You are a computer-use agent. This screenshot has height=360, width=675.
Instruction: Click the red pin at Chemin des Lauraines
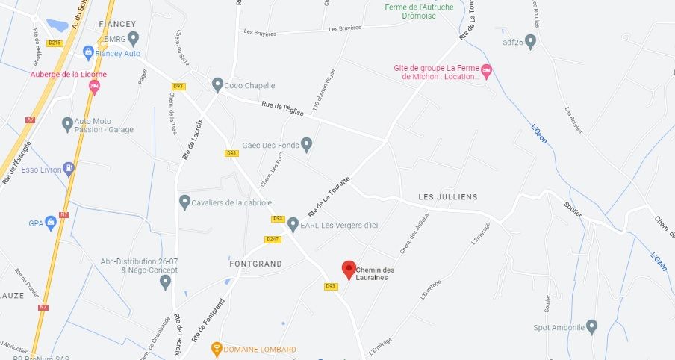point(348,270)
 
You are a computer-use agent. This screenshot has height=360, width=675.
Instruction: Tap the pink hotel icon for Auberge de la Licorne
point(94,87)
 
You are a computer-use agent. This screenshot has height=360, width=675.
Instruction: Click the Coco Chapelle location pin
point(217,85)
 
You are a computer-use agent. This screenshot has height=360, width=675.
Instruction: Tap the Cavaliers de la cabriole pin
point(185,202)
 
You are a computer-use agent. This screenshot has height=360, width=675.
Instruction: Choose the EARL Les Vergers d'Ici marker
point(293,224)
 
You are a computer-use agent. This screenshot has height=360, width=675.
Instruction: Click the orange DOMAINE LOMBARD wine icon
point(217,349)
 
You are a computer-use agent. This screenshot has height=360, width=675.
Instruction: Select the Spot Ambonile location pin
point(591,326)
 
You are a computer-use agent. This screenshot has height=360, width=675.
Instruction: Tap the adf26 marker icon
point(531,41)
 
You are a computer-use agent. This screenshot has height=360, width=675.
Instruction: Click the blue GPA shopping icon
point(51,222)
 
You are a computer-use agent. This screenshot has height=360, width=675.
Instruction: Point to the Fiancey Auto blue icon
point(88,53)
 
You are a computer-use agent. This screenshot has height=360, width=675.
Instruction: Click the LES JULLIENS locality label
point(447,197)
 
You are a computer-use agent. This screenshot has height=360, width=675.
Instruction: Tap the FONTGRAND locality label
point(255,264)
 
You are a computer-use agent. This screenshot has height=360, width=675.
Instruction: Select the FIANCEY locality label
point(117,24)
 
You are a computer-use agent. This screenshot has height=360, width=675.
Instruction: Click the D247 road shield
point(273,239)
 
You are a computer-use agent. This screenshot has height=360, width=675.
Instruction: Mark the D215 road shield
point(55,43)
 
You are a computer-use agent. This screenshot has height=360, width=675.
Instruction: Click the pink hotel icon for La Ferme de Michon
point(487,72)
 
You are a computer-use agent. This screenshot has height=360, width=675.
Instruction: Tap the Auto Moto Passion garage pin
point(67,124)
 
